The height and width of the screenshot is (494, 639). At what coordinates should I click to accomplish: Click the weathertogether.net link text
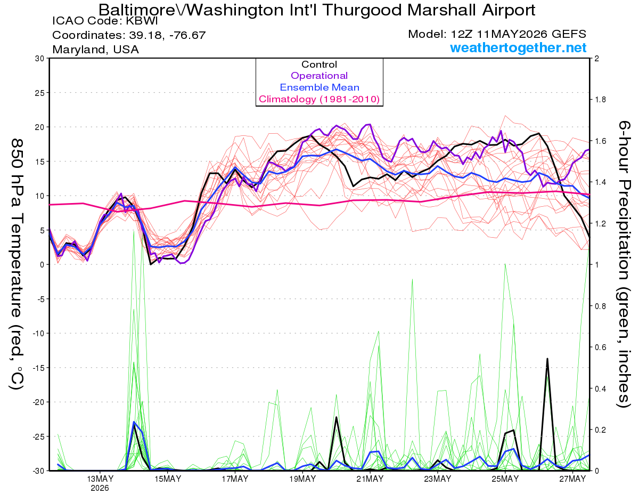[518, 47]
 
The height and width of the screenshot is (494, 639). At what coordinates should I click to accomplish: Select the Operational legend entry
[319, 76]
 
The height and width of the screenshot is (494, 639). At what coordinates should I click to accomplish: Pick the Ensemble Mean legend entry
[319, 87]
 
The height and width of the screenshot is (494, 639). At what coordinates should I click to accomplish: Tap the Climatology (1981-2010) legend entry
[319, 99]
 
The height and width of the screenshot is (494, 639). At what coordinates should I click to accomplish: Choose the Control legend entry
[319, 64]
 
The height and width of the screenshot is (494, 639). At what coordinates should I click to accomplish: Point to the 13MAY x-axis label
[100, 479]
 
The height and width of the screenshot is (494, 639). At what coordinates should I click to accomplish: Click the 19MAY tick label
[302, 479]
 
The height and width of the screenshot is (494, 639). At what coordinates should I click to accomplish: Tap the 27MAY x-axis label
[573, 479]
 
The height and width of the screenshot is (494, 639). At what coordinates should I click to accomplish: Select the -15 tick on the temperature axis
[38, 368]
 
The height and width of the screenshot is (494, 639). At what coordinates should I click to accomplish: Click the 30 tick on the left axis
[39, 59]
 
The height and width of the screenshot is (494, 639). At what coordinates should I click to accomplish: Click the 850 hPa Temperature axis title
[17, 264]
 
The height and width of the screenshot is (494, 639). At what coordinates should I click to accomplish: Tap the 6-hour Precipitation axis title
[624, 264]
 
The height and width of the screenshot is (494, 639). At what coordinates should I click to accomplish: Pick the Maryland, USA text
[95, 50]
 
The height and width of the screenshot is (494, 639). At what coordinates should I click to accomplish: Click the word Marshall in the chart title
[441, 10]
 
